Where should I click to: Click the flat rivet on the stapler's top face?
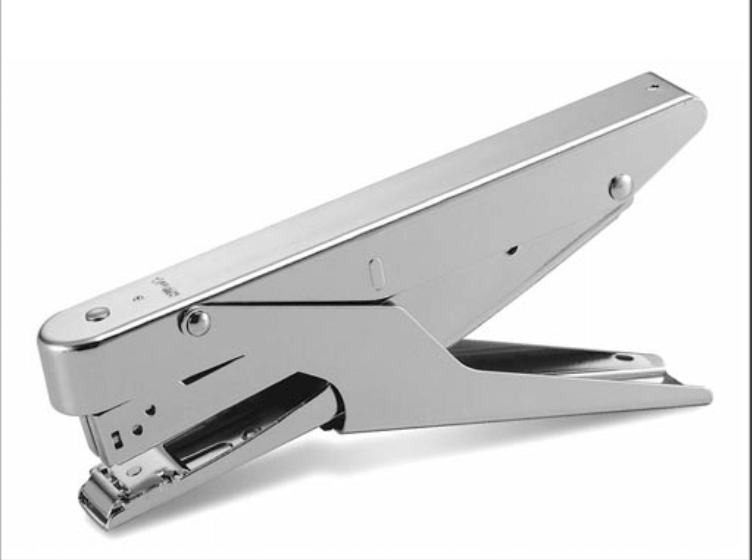pos(97,314)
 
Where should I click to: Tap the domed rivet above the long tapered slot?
pos(197,322)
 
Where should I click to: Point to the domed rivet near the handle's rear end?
pos(620,186)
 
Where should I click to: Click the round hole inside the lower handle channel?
pos(624,358)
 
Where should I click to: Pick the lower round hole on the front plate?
pos(138,430)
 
